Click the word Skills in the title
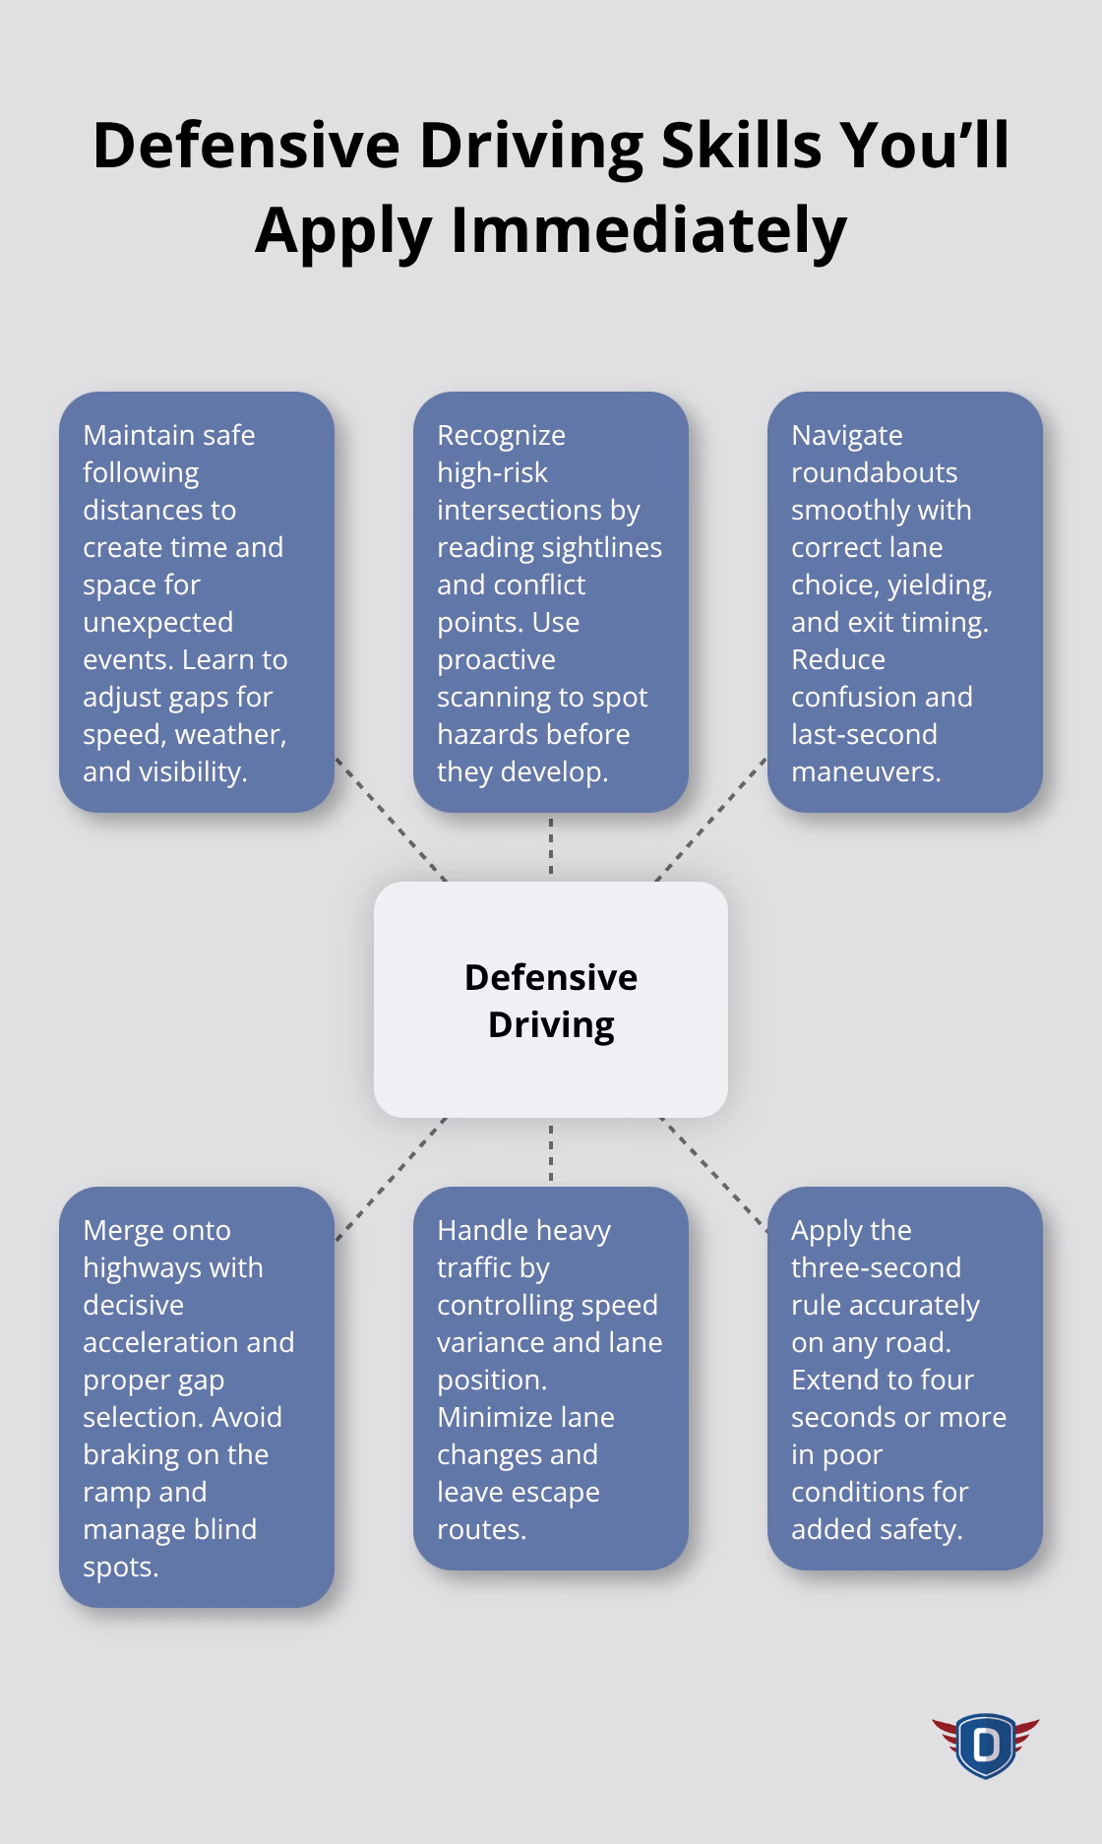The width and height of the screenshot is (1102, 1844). (740, 146)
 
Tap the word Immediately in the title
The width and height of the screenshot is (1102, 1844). (648, 230)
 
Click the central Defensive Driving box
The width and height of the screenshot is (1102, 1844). (551, 1000)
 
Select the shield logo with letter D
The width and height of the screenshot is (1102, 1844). (985, 1745)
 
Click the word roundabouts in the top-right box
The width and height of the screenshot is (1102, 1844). (874, 472)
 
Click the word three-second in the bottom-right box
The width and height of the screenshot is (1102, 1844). (876, 1267)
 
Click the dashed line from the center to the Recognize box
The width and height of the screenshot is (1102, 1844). (551, 846)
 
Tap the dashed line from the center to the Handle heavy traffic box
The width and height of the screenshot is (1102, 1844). (551, 1153)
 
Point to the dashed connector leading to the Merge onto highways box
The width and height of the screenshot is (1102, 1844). (391, 1179)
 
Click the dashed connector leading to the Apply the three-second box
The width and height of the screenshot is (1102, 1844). (713, 1174)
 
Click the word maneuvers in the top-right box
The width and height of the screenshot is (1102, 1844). (866, 771)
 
